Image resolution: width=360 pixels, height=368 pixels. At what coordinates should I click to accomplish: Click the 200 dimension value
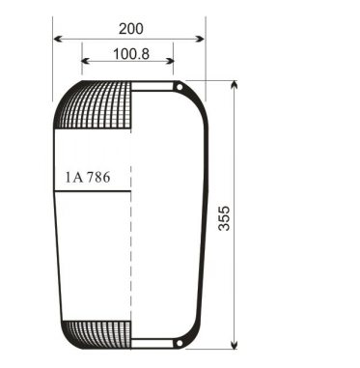pos(130,28)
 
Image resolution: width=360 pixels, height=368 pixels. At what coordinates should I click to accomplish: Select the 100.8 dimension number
pos(130,54)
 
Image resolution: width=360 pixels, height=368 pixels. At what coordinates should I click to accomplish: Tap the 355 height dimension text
pos(250,215)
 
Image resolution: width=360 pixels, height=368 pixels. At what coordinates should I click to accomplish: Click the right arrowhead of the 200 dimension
pos(202,40)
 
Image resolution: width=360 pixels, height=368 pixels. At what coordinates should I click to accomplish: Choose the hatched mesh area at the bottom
pos(97,332)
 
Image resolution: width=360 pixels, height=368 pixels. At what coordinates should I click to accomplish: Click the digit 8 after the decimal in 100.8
pos(144,54)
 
